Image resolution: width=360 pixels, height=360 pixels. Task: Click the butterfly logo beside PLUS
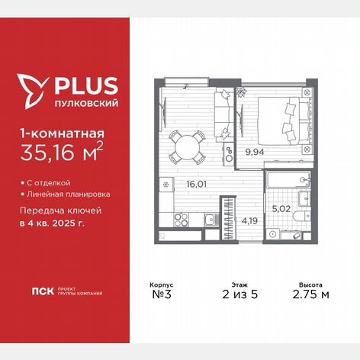tap(33, 91)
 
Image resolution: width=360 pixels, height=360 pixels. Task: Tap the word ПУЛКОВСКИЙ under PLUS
tap(87, 103)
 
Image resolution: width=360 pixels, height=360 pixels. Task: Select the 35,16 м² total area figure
tap(62, 153)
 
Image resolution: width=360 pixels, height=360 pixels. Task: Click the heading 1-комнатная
tap(63, 133)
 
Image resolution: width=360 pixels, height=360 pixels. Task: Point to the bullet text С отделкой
tap(49, 183)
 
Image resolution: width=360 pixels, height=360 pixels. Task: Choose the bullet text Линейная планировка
tap(69, 194)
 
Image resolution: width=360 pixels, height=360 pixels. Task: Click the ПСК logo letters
tap(43, 291)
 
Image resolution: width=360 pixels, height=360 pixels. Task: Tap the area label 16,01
tap(196, 184)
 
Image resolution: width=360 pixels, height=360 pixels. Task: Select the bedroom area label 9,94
tap(255, 152)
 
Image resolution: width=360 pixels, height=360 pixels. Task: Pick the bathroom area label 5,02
tap(281, 209)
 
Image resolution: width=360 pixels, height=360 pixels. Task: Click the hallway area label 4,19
tap(249, 220)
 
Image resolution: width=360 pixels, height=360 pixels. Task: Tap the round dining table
tap(188, 147)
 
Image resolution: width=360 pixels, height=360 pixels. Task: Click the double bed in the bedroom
tap(284, 121)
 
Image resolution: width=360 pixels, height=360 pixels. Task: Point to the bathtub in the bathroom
tap(288, 179)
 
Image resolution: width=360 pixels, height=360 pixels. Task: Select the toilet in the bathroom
tap(301, 217)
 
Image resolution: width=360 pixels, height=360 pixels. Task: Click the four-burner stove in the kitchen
tap(182, 220)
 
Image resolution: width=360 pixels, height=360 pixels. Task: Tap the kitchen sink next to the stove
tap(211, 220)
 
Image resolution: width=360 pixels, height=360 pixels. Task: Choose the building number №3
tap(162, 294)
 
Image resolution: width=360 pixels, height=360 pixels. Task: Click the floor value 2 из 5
tap(240, 294)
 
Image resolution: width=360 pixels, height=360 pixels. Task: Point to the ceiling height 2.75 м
tap(310, 294)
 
